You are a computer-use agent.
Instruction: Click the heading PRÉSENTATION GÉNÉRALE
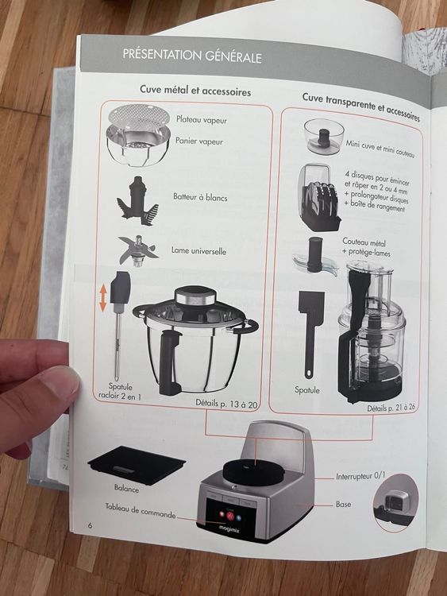pyautogui.click(x=192, y=56)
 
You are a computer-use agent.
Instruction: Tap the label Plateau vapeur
pyautogui.click(x=202, y=120)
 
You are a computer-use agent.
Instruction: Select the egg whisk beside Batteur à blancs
pyautogui.click(x=137, y=200)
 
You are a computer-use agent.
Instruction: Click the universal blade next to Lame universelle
pyautogui.click(x=137, y=250)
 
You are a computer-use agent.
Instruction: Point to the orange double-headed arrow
pyautogui.click(x=103, y=298)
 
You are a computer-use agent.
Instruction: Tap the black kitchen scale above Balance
pyautogui.click(x=137, y=464)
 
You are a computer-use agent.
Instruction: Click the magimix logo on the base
pyautogui.click(x=229, y=528)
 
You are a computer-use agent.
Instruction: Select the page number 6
pyautogui.click(x=90, y=526)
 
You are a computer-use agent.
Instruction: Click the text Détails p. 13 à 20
pyautogui.click(x=226, y=403)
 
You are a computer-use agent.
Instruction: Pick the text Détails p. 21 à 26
pyautogui.click(x=391, y=408)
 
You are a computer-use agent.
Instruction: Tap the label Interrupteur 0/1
pyautogui.click(x=360, y=476)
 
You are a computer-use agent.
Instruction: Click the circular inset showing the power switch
pyautogui.click(x=395, y=501)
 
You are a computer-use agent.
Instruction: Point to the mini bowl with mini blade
pyautogui.click(x=324, y=136)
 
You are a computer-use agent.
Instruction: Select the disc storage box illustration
pyautogui.click(x=318, y=197)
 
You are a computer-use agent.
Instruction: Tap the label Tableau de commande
pyautogui.click(x=141, y=510)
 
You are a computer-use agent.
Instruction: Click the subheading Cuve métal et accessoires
pyautogui.click(x=195, y=91)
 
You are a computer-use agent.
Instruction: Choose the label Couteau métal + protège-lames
pyautogui.click(x=365, y=246)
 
